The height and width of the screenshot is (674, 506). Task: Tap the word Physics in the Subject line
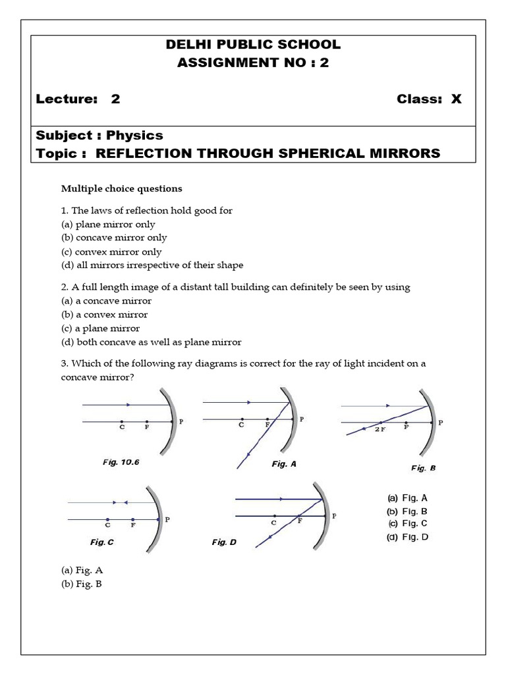(x=134, y=136)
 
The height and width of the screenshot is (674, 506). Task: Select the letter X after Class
(x=456, y=99)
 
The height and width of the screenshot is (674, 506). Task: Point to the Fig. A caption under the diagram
(x=284, y=464)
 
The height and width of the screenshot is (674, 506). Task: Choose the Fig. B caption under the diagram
(x=424, y=468)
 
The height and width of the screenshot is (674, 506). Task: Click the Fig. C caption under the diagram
(x=102, y=542)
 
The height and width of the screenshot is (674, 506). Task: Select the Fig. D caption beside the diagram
(x=224, y=542)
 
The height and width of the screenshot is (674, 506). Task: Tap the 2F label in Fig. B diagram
(x=379, y=428)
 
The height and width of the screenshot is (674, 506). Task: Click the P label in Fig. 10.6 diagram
(x=181, y=422)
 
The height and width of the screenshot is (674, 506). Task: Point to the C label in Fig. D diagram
(x=273, y=523)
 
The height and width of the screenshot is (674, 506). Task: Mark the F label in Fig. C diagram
(x=133, y=525)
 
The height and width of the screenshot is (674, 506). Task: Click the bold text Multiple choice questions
(x=122, y=189)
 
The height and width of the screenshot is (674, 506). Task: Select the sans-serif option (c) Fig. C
(x=408, y=523)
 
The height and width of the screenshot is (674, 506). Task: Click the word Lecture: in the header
(x=67, y=99)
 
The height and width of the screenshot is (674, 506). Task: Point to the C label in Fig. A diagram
(x=241, y=425)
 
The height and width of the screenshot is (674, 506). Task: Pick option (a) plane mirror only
(x=108, y=224)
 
